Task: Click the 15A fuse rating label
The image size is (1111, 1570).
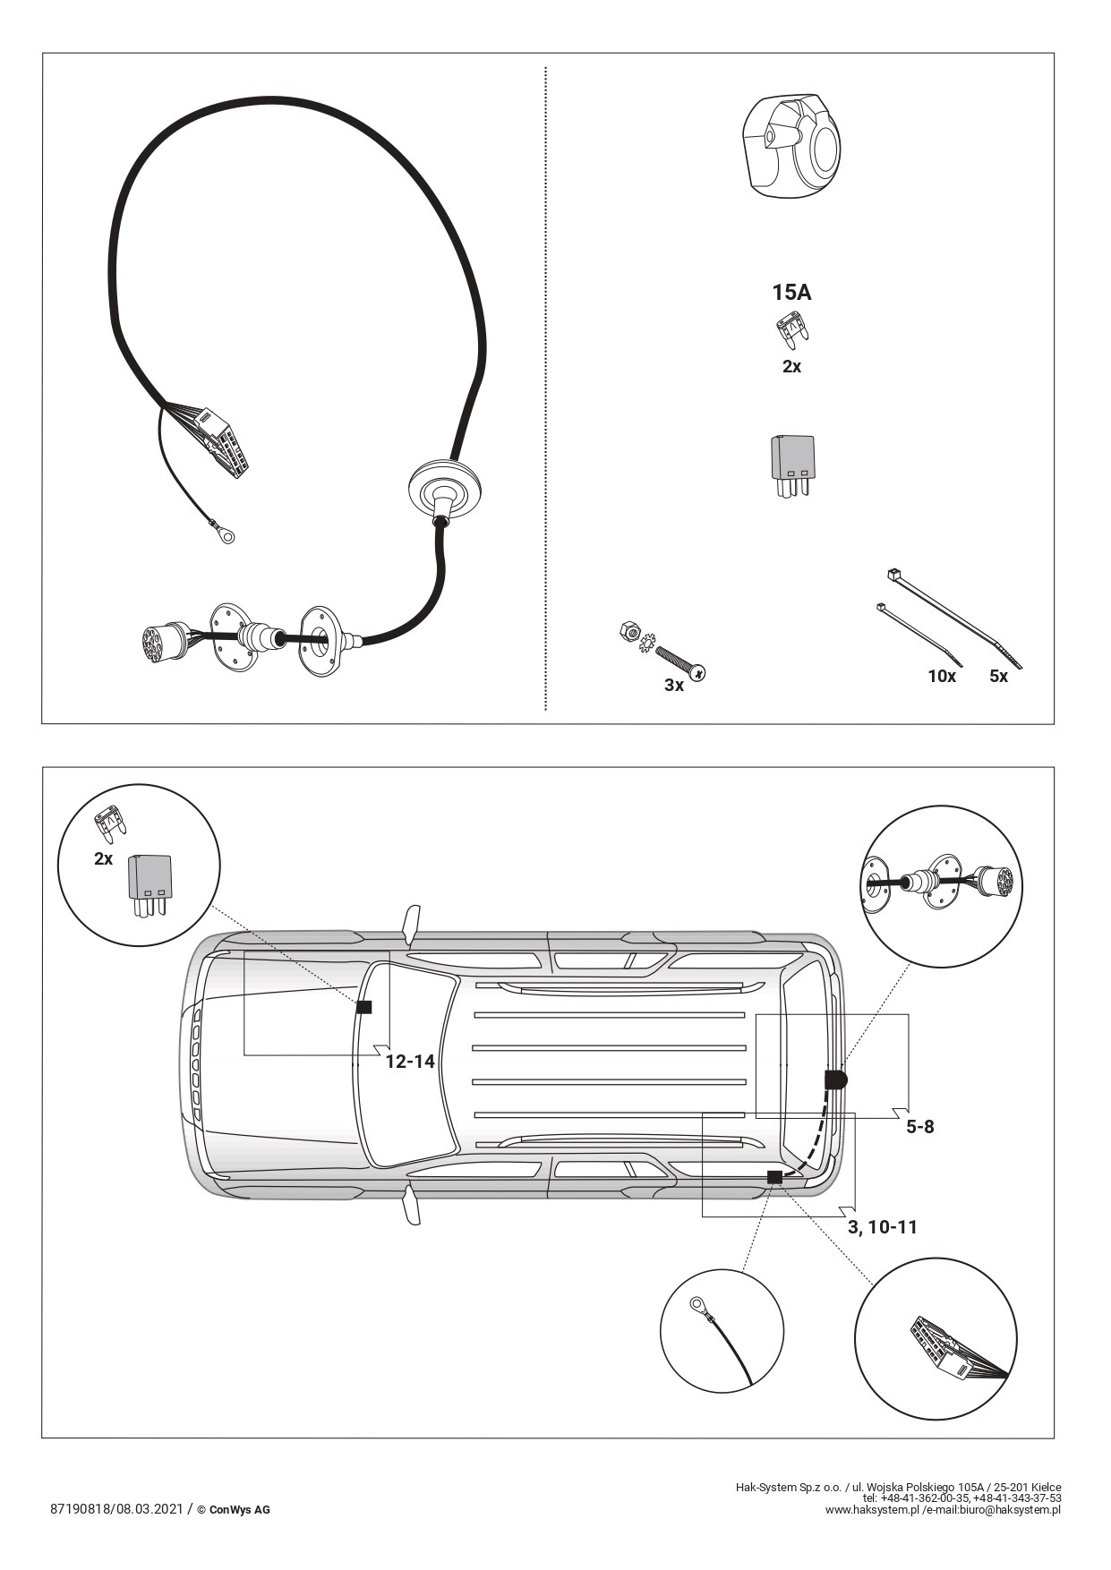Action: (x=791, y=292)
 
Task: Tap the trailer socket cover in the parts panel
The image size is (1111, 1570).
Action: (x=791, y=145)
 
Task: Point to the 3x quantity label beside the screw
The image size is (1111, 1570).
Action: (x=674, y=685)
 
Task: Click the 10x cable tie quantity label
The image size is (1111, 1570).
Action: (x=942, y=676)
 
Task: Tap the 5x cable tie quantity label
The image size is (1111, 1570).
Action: (x=998, y=676)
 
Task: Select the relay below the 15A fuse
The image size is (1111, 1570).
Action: (x=792, y=465)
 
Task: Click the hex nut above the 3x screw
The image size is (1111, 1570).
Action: (x=628, y=631)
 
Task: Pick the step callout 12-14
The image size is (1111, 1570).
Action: (x=410, y=1061)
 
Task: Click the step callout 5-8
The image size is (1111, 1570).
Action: (x=919, y=1126)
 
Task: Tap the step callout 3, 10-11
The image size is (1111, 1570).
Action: (x=883, y=1226)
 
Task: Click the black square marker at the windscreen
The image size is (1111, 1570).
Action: (x=364, y=1007)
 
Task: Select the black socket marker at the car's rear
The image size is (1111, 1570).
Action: (x=835, y=1079)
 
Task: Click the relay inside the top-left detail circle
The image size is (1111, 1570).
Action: (x=150, y=885)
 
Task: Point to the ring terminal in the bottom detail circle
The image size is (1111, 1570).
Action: (x=697, y=1304)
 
